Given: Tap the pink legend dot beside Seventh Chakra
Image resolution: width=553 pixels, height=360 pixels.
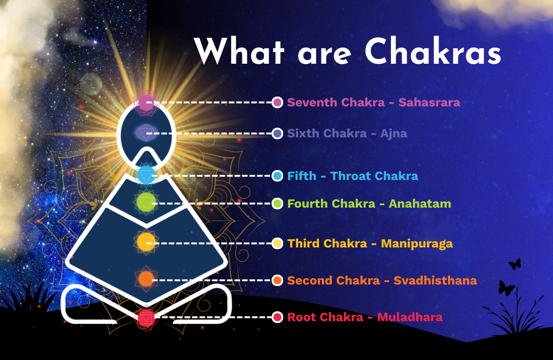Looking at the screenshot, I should (x=277, y=102).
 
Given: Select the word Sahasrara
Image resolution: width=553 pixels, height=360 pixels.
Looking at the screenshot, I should (x=429, y=102).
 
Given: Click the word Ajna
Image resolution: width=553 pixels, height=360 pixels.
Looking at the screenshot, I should (x=393, y=134).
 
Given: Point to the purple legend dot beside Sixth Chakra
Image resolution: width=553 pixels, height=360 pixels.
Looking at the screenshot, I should (x=277, y=134).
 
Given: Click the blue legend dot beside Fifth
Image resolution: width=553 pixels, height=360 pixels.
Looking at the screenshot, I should (x=277, y=176).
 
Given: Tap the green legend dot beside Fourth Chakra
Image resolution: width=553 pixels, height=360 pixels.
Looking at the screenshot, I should (x=277, y=203).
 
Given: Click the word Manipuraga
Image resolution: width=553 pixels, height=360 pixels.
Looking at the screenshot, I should (x=417, y=243).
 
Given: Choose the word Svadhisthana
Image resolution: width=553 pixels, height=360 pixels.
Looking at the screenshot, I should (x=435, y=280).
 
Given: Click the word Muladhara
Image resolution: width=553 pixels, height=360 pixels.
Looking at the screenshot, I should (x=410, y=317).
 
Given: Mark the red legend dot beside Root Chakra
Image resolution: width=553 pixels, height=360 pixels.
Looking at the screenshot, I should (x=277, y=317).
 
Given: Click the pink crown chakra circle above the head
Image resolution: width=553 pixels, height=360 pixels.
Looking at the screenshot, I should (x=146, y=102).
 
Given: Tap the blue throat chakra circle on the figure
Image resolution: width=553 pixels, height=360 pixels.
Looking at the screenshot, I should (x=146, y=175).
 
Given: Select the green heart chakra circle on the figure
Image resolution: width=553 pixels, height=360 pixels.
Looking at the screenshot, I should (x=145, y=202).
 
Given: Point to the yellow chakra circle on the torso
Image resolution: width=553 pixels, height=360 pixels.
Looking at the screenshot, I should (x=145, y=242).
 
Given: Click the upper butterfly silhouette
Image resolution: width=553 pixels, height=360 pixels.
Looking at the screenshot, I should (x=515, y=264).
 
